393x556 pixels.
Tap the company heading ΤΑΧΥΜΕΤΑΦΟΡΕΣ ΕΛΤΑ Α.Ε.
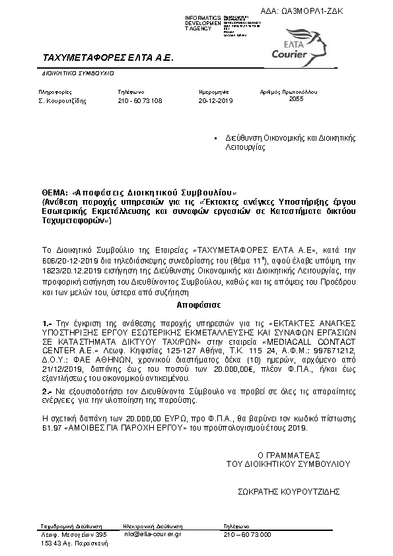pyautogui.click(x=107, y=57)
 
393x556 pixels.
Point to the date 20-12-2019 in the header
pyautogui.click(x=216, y=101)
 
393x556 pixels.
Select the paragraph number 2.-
pyautogui.click(x=46, y=392)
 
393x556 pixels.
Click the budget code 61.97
pyautogui.click(x=51, y=428)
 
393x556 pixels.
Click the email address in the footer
pyautogui.click(x=153, y=534)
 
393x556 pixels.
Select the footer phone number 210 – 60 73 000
pyautogui.click(x=247, y=534)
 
